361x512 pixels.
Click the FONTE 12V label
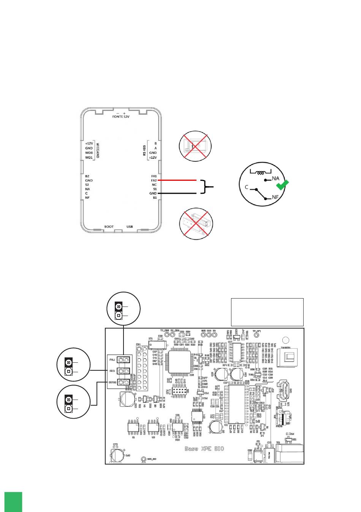point(120,117)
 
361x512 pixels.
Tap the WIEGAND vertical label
point(98,150)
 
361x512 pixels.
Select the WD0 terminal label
point(89,153)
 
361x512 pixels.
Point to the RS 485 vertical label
point(144,150)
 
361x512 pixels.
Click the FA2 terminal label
point(154,180)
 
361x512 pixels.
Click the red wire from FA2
point(177,180)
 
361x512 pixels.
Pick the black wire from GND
point(177,193)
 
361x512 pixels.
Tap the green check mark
point(282,185)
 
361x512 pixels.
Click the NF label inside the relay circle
point(276,198)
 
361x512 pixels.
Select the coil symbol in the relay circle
point(261,173)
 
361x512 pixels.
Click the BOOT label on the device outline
point(109,227)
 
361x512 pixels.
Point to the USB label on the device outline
point(130,227)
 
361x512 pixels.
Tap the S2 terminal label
point(87,185)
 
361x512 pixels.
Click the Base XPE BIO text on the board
point(204,449)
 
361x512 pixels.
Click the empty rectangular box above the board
point(267,312)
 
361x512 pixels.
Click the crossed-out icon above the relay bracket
point(195,146)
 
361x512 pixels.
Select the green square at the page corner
point(13,502)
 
